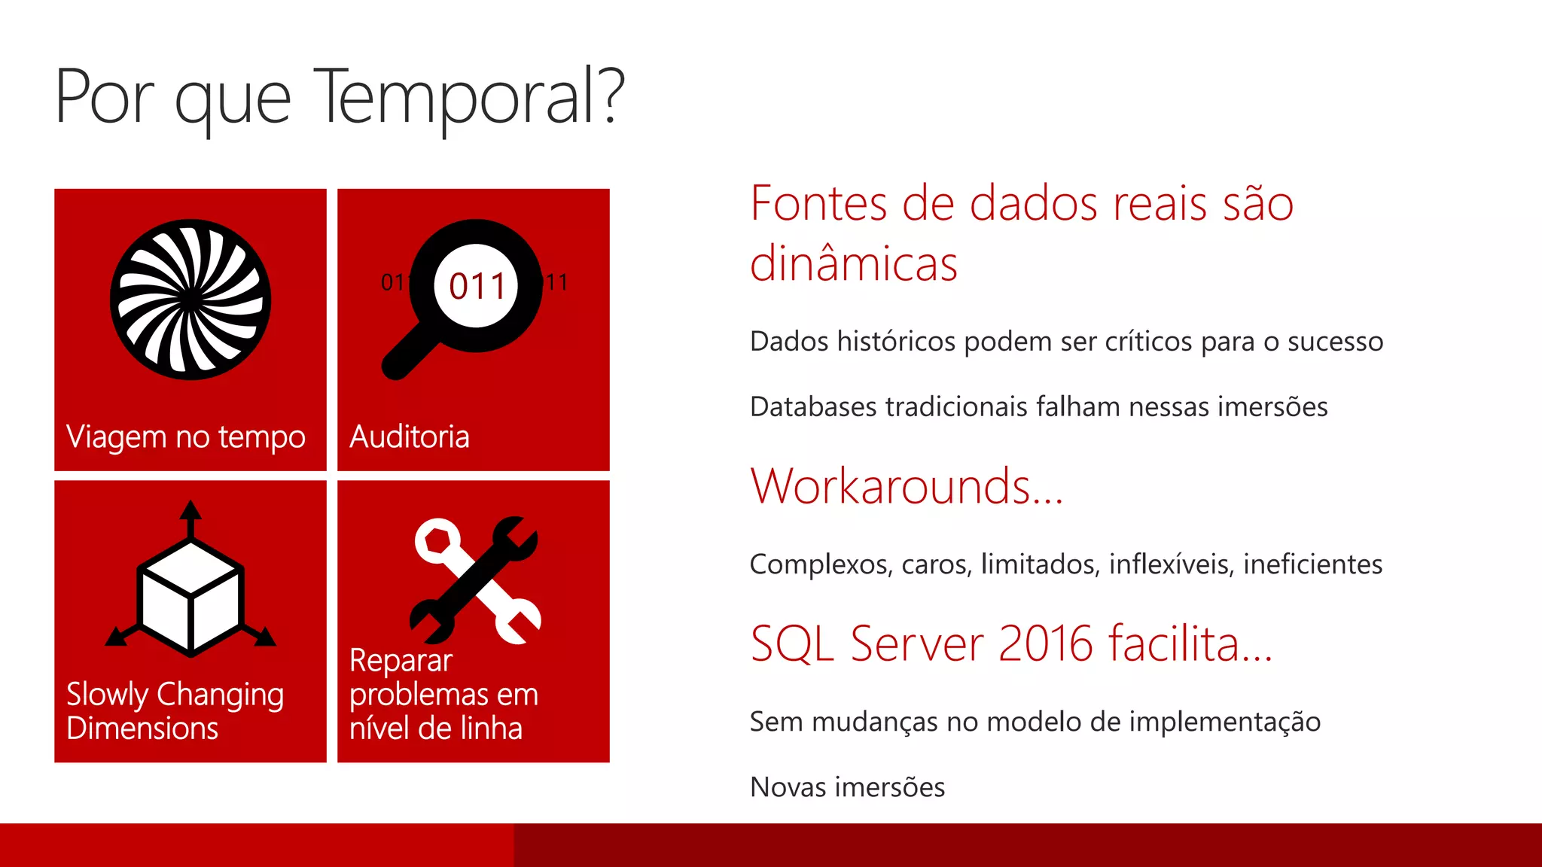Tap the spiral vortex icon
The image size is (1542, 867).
(190, 300)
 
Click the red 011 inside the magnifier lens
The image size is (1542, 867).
(477, 286)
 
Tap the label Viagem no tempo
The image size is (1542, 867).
(186, 437)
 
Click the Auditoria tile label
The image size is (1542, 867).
(410, 437)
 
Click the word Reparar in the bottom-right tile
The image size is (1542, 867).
(401, 661)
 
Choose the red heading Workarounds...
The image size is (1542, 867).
(906, 486)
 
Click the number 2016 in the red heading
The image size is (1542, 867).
(1046, 644)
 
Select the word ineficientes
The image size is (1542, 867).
(1312, 564)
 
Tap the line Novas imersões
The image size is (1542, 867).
(847, 787)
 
